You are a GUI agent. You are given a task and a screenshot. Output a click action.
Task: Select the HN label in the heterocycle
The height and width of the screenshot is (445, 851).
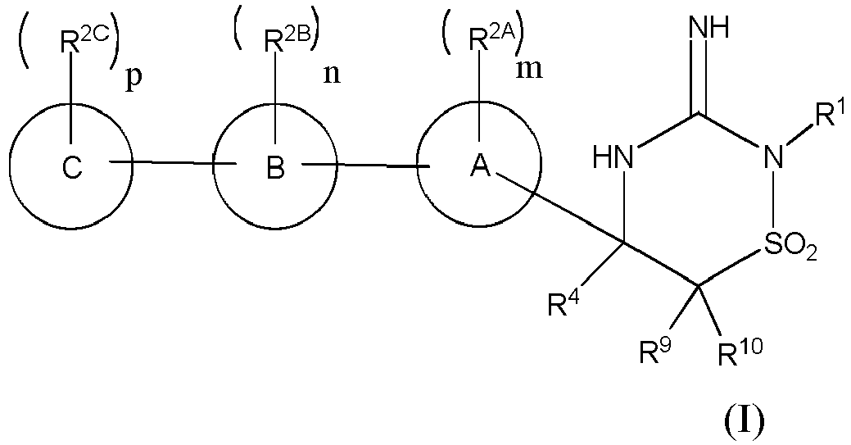(x=616, y=156)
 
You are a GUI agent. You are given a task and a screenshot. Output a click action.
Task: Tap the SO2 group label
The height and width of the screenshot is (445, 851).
(x=790, y=246)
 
